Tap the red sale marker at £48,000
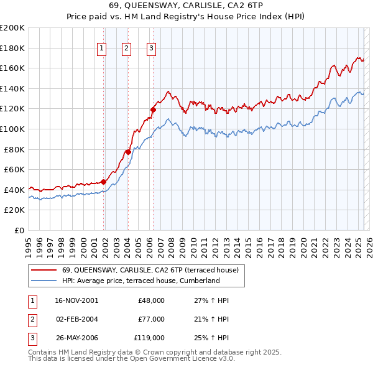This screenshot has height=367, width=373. [104, 182]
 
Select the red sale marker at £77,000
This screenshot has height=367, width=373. [128, 152]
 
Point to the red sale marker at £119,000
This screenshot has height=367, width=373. [153, 109]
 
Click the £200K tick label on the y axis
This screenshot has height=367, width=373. [12, 28]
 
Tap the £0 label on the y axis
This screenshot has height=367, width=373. [19, 230]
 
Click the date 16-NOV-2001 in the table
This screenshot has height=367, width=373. [76, 300]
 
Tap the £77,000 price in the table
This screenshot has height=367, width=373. [151, 319]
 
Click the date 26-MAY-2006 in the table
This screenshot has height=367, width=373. [76, 338]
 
